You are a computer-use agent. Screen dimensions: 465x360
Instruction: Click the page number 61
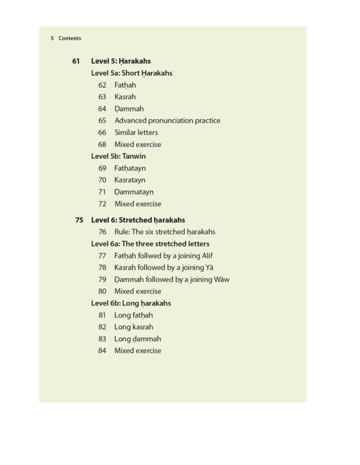tap(76, 61)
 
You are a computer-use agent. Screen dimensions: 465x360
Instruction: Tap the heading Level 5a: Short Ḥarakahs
tap(131, 73)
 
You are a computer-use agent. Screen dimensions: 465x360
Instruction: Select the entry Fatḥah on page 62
tap(125, 85)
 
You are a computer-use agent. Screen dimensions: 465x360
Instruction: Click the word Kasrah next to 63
tap(125, 97)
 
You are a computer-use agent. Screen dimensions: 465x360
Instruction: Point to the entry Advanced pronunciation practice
tap(167, 120)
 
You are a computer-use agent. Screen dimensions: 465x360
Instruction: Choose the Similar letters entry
tap(136, 133)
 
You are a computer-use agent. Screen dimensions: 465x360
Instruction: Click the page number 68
tap(102, 144)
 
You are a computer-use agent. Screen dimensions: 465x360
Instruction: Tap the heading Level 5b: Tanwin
tap(118, 156)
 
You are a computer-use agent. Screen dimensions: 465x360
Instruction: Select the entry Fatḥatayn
tap(130, 168)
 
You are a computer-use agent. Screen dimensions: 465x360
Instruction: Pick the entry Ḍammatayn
tap(133, 192)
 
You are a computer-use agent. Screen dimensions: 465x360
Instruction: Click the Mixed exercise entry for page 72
tap(137, 204)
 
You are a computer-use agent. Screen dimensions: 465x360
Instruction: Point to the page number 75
tap(79, 220)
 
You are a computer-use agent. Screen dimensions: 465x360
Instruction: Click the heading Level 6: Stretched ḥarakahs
tap(138, 220)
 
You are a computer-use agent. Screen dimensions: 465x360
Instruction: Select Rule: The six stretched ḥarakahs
tap(165, 232)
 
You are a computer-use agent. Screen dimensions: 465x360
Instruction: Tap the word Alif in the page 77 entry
tap(207, 256)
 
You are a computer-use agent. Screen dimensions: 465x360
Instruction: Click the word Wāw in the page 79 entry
tap(222, 279)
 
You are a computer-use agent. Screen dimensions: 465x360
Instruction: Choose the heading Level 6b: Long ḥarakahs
tap(131, 303)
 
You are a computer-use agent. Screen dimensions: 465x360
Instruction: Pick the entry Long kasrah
tap(133, 327)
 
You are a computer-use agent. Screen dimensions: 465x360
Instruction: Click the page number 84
tap(102, 351)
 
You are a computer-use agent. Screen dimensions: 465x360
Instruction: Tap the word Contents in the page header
tap(70, 38)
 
